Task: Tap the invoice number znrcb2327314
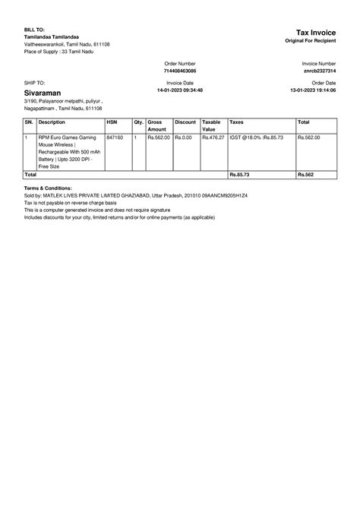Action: pos(319,70)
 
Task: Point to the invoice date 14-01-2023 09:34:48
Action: pos(180,90)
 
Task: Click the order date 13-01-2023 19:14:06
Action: pos(313,90)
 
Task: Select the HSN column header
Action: pos(112,122)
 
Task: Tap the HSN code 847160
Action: pos(115,138)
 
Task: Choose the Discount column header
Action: pos(185,122)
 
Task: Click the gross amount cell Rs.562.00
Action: pos(159,138)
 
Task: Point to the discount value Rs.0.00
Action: pos(183,138)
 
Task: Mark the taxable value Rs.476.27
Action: pos(213,138)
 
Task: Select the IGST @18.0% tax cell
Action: pos(256,138)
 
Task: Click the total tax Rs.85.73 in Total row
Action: pos(239,175)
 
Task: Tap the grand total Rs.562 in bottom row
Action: pos(305,175)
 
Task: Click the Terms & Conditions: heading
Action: pos(48,188)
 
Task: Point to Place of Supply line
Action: pos(61,52)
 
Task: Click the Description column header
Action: pos(52,122)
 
